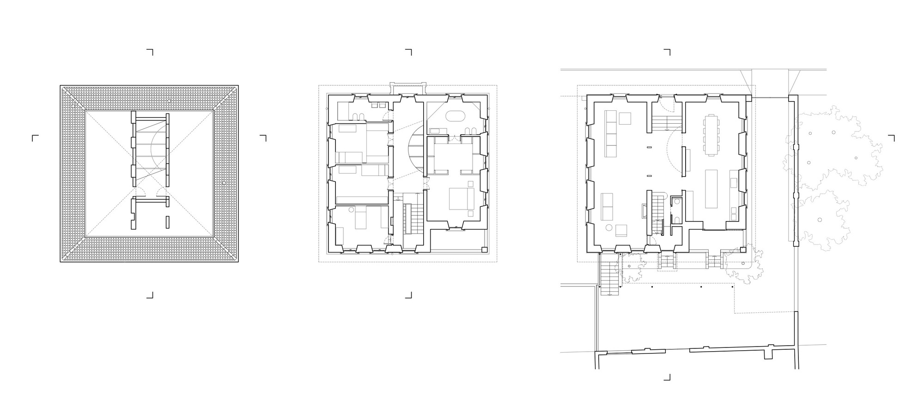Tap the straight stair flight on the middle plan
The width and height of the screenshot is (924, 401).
click(x=407, y=220)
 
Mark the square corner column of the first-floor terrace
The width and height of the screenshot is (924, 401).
click(x=484, y=250)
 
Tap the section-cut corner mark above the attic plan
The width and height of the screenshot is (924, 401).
click(x=150, y=51)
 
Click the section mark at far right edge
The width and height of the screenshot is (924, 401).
click(x=891, y=138)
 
